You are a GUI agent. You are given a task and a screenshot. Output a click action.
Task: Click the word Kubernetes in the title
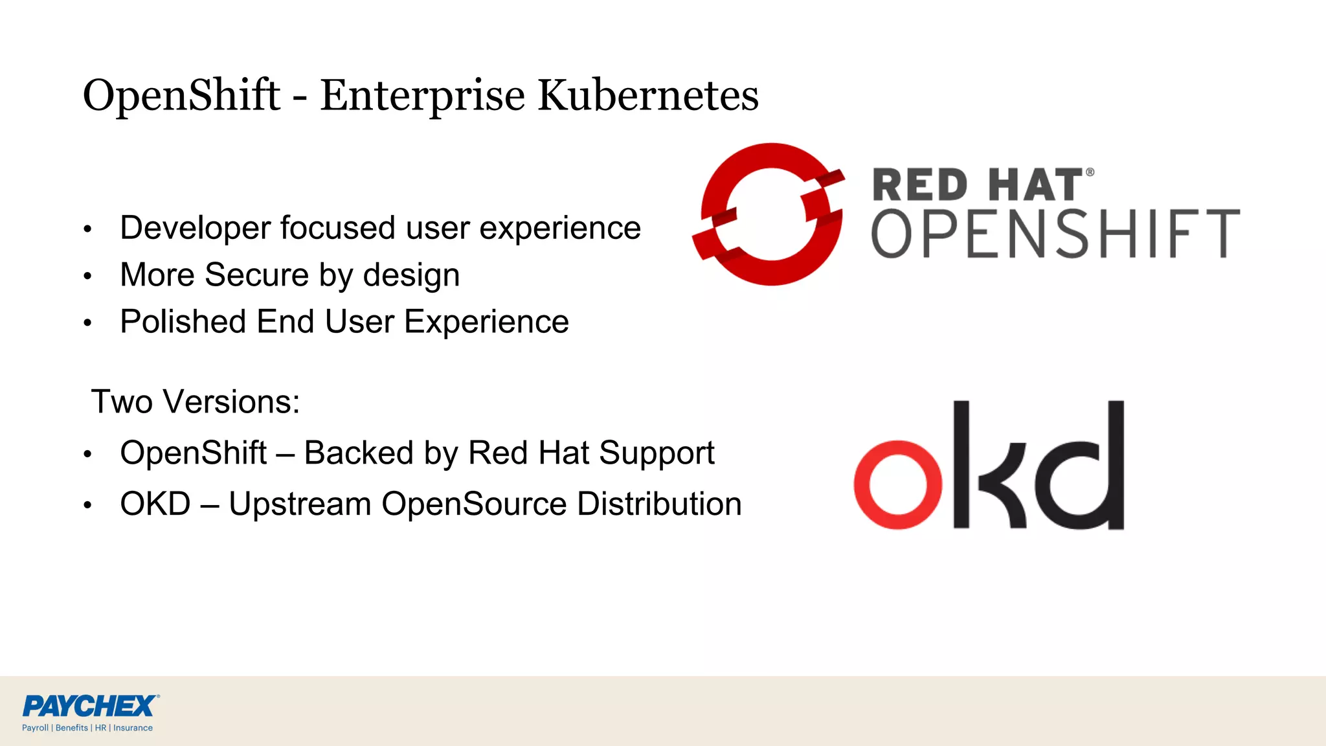[x=648, y=95]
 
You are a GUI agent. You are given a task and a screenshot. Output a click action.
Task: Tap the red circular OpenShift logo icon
[x=769, y=214]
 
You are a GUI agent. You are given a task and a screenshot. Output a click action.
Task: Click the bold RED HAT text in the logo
[x=978, y=185]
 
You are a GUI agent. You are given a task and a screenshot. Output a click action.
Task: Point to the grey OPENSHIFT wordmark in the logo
[x=1055, y=234]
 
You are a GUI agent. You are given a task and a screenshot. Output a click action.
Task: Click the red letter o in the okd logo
[x=897, y=485]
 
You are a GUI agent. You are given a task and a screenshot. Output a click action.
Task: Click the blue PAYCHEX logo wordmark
[x=89, y=706]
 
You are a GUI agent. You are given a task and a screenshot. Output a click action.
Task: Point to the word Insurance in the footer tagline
[x=133, y=728]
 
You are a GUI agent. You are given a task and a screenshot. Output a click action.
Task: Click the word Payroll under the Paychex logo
[x=35, y=728]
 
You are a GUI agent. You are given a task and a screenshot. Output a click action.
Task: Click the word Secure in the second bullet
[x=256, y=275]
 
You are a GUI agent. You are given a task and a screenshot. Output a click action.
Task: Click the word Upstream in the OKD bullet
[x=300, y=505]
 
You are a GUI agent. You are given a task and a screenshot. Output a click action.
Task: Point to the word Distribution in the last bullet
[x=658, y=504]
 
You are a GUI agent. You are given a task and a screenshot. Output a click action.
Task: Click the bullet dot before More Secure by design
[x=87, y=277]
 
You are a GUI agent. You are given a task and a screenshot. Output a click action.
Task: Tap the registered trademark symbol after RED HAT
[x=1090, y=172]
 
